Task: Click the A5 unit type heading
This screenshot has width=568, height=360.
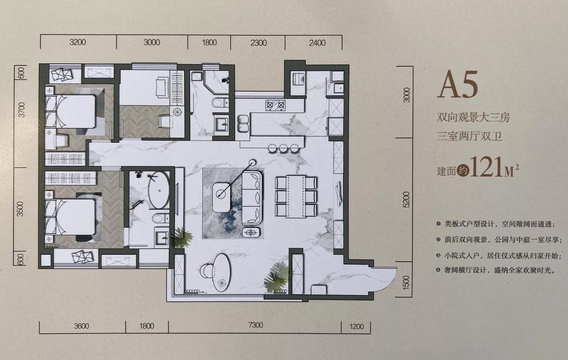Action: [458, 85]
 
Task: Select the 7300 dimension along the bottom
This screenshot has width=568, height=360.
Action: [256, 325]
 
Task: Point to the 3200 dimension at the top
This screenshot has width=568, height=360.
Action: [78, 42]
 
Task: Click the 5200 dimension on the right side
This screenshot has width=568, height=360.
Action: [406, 200]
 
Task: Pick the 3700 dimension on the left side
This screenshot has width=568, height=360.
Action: [22, 110]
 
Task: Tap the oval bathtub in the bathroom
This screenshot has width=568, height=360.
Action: [159, 190]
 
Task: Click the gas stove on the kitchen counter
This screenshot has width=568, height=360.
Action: [275, 105]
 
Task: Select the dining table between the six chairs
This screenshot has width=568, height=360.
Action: [296, 196]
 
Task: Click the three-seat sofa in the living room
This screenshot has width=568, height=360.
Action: [252, 198]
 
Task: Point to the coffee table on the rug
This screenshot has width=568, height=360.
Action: [221, 198]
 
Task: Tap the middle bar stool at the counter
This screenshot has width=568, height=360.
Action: [283, 149]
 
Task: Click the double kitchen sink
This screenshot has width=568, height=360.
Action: [243, 124]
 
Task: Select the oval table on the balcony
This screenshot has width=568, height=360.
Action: [222, 273]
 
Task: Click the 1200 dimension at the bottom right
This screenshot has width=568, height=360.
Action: [357, 326]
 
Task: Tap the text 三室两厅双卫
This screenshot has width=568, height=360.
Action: [469, 136]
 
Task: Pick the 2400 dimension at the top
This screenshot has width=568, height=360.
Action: [317, 43]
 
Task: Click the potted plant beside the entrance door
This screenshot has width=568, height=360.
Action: [276, 278]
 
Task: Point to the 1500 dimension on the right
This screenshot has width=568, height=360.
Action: [406, 283]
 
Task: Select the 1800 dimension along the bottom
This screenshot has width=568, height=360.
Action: [147, 326]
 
